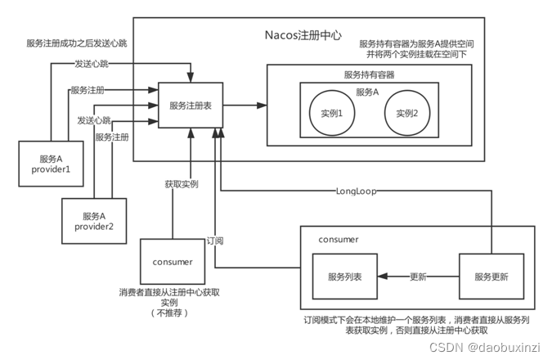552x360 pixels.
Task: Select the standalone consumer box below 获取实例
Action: (173, 262)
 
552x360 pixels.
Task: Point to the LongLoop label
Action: (357, 191)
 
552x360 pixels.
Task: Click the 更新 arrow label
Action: (416, 276)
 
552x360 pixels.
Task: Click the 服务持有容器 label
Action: (369, 74)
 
